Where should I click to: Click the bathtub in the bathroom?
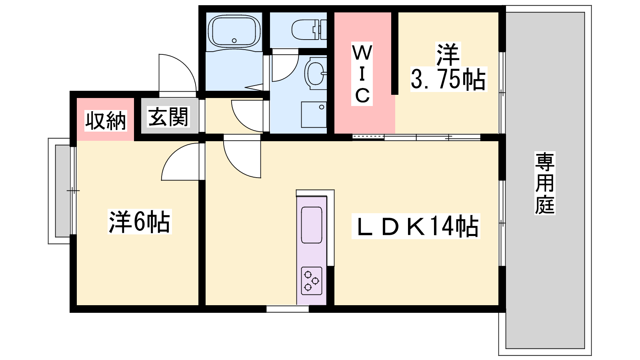click(234, 31)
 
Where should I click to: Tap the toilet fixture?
click(309, 30)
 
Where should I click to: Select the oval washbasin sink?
click(315, 73)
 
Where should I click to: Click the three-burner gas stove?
click(312, 281)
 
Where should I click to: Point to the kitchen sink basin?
click(312, 225)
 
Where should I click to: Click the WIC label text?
click(362, 74)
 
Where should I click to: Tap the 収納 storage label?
click(106, 121)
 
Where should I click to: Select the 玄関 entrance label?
click(168, 117)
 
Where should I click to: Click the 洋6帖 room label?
click(140, 222)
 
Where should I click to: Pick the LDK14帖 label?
click(416, 226)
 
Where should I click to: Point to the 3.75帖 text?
click(448, 79)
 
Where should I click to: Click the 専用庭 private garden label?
click(545, 183)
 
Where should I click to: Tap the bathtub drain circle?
click(234, 40)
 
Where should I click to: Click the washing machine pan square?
click(314, 114)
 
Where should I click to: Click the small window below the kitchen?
click(288, 309)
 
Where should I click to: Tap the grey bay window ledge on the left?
click(62, 191)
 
